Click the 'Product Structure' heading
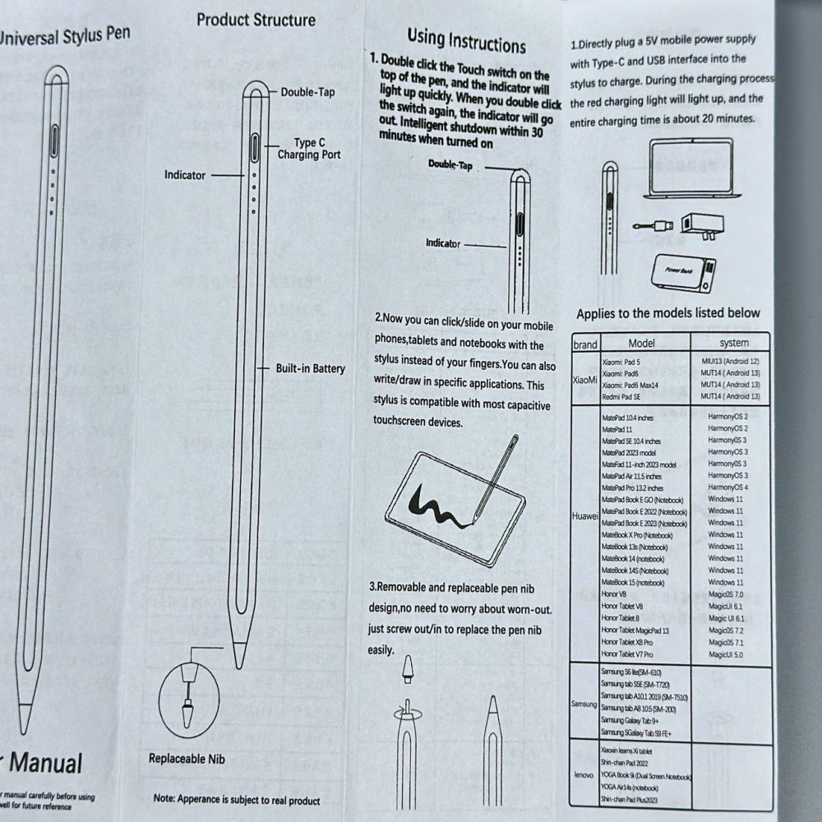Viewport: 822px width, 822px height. click(x=256, y=20)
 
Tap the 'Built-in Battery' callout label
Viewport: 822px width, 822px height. click(x=310, y=369)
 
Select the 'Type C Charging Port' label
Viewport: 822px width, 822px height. click(x=309, y=149)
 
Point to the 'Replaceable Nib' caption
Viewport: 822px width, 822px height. click(x=187, y=759)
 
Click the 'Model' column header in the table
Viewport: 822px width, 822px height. click(x=641, y=343)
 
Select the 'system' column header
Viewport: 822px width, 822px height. click(x=733, y=343)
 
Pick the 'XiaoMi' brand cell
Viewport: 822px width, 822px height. click(x=584, y=380)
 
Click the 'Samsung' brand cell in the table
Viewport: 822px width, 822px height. click(x=584, y=704)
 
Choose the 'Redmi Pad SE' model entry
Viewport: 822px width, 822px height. click(x=621, y=397)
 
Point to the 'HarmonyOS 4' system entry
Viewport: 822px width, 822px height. click(x=727, y=487)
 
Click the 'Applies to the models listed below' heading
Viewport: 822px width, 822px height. click(x=667, y=313)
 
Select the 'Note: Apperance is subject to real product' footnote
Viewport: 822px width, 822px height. click(x=237, y=799)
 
